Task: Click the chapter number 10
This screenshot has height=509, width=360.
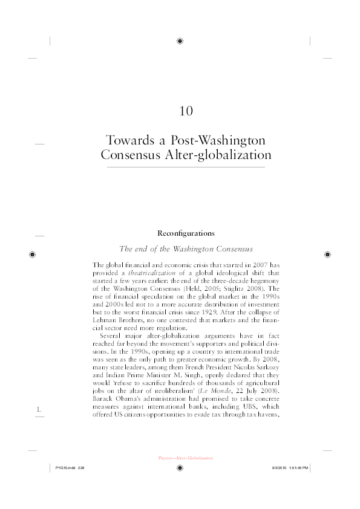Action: (186, 111)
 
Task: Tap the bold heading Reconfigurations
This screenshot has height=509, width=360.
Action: (186, 233)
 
